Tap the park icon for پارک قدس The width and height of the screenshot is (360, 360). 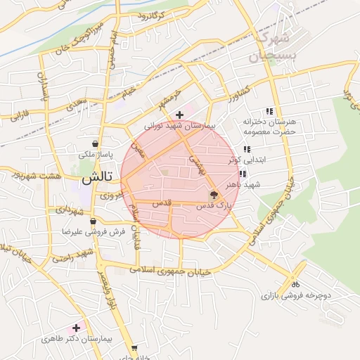(x=213, y=195)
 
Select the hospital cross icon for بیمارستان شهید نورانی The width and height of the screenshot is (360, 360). (x=180, y=115)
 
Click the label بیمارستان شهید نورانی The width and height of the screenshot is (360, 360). (x=182, y=126)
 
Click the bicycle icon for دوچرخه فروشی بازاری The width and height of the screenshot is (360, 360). (x=295, y=285)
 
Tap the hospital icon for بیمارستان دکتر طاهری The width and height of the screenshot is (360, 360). (x=77, y=328)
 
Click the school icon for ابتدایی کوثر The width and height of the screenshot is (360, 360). (x=246, y=149)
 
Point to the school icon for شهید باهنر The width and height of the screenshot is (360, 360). (x=243, y=174)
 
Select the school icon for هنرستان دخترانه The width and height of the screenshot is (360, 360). (x=269, y=111)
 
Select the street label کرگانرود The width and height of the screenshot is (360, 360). (x=150, y=15)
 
